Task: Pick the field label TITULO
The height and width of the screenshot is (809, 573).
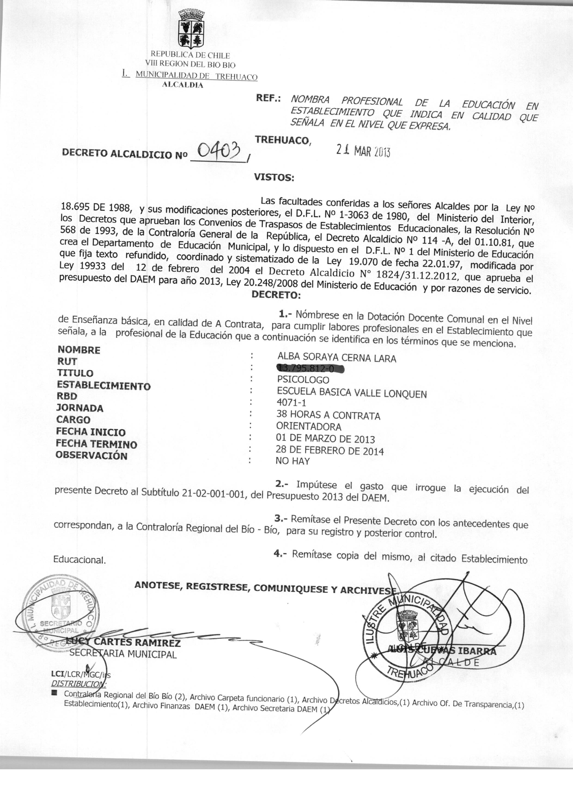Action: point(75,373)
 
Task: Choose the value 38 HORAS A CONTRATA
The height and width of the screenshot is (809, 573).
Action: point(328,416)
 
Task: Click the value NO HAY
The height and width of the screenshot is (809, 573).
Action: point(293,461)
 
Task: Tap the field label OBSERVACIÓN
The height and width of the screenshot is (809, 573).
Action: point(91,456)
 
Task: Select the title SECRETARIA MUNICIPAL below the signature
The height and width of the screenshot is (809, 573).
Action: point(123,654)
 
